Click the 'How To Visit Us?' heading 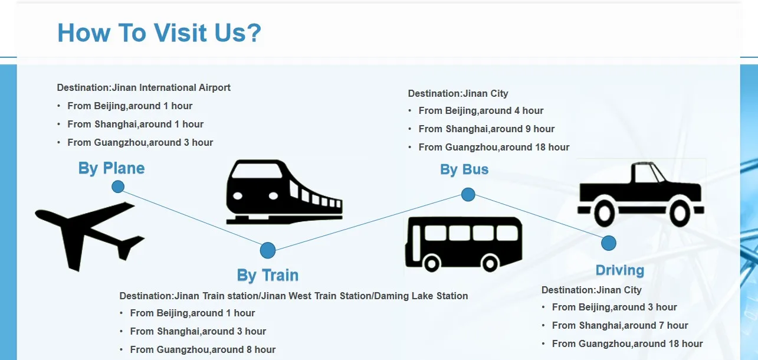(159, 33)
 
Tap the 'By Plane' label (111, 168)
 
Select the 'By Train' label (268, 275)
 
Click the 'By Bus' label (464, 169)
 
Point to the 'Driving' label (619, 270)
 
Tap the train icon (283, 192)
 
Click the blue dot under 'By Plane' (118, 187)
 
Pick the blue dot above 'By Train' (268, 250)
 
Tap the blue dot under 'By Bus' (468, 194)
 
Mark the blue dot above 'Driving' (609, 243)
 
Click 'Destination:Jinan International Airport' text (143, 87)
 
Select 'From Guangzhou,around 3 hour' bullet (140, 142)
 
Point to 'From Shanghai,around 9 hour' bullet (487, 129)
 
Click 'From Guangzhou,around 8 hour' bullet (203, 349)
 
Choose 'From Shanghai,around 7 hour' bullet (620, 325)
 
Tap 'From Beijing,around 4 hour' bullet (481, 110)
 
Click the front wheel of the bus (432, 263)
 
